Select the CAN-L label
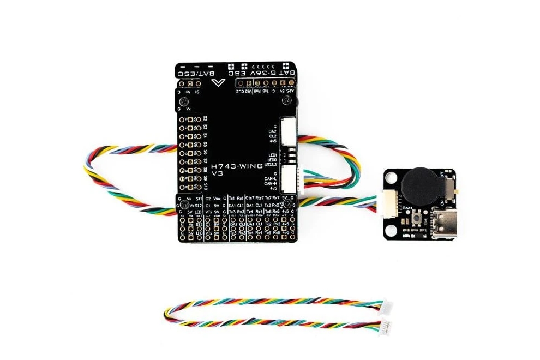coord(270,178)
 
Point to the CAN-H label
coord(270,183)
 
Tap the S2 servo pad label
coord(205,118)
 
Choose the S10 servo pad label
coord(205,187)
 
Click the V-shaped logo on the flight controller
coord(219,82)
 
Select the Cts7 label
coord(250,197)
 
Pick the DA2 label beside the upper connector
coord(272,131)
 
